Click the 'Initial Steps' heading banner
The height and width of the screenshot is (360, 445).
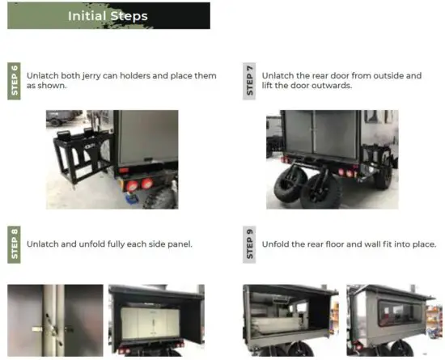[x=108, y=15]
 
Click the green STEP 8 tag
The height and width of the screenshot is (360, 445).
[x=14, y=244]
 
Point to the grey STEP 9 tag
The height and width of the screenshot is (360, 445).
[x=249, y=244]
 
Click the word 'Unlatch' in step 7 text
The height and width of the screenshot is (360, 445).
[x=280, y=76]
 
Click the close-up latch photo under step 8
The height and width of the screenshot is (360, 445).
[x=54, y=319]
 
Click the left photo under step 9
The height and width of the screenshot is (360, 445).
[x=290, y=319]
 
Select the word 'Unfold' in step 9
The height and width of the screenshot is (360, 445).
[x=276, y=244]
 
